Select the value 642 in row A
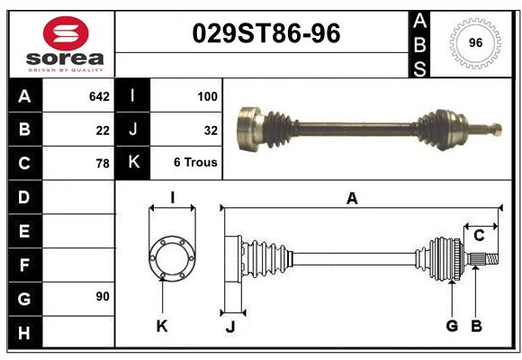pos(99,95)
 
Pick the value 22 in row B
pos(103,130)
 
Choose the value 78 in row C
pos(103,164)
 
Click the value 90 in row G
pos(103,296)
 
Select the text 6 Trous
pos(195,163)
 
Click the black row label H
pos(23,332)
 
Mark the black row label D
pos(23,196)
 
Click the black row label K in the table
pos(132,163)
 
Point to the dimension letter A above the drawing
pos(352,198)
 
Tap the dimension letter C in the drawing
pos(480,236)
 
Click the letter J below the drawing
pos(229,326)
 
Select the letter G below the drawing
pos(452,326)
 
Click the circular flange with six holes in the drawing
pos(171,257)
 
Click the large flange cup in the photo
pos(249,126)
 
